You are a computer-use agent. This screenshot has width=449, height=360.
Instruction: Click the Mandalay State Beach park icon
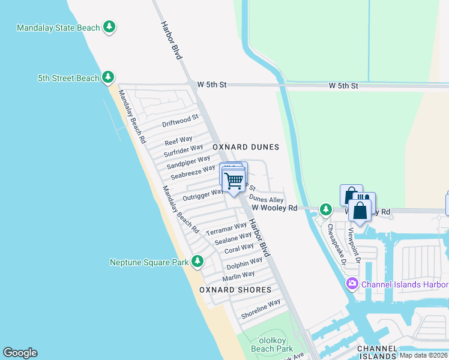point(109,26)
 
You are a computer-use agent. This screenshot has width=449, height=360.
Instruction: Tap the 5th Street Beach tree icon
point(108,77)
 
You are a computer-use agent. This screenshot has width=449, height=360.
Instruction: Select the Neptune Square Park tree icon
point(197,261)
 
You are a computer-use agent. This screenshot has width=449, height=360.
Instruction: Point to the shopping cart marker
point(234,179)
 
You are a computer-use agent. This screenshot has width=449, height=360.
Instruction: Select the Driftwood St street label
point(180,121)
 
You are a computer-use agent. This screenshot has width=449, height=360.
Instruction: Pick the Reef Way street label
point(179,141)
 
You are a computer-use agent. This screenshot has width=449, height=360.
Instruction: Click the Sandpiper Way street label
point(188,162)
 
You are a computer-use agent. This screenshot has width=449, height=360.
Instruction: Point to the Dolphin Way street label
point(244,263)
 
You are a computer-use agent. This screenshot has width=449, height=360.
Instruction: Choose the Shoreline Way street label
point(261,308)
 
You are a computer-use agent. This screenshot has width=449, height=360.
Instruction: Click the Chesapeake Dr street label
point(336,244)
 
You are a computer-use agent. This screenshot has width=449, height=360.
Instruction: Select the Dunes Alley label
point(266,199)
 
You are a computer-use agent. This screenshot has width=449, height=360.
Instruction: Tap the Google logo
point(20,353)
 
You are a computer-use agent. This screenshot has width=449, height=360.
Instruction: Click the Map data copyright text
point(423,355)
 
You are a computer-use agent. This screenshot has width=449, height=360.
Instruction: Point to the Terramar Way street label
point(226,229)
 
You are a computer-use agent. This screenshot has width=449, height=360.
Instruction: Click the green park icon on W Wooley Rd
point(325,209)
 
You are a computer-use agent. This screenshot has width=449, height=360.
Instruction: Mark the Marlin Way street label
point(239,276)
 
